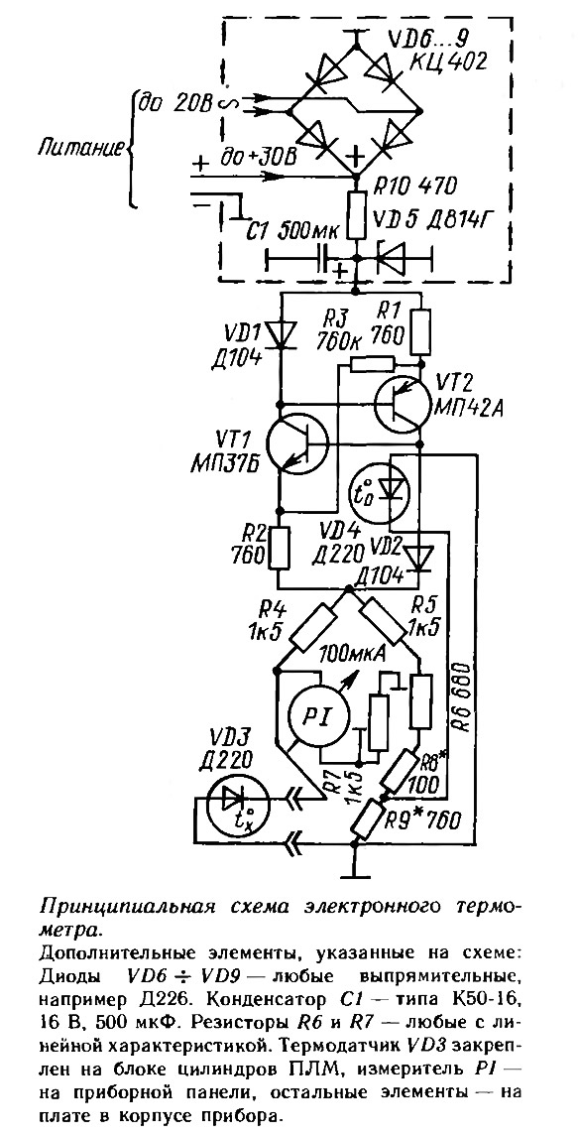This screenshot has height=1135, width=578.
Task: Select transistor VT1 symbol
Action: point(296,443)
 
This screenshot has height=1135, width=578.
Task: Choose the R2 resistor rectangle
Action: point(280,549)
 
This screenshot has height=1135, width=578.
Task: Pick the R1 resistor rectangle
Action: point(420,332)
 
